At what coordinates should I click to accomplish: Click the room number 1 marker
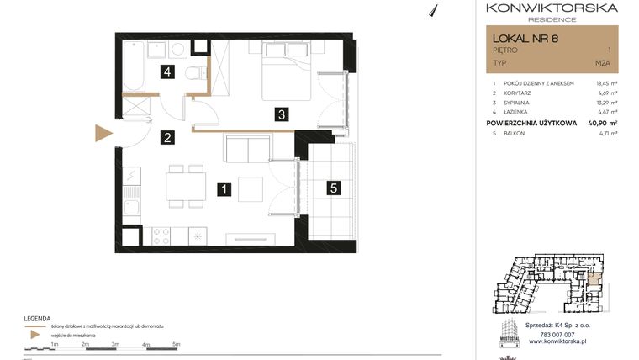pyautogui.click(x=224, y=189)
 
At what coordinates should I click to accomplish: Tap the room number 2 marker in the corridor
pyautogui.click(x=168, y=139)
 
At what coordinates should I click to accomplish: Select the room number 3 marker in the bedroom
pyautogui.click(x=283, y=114)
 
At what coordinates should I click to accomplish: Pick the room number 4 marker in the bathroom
pyautogui.click(x=168, y=72)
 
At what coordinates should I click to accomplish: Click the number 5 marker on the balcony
pyautogui.click(x=334, y=189)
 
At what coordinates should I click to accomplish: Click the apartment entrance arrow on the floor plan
pyautogui.click(x=103, y=133)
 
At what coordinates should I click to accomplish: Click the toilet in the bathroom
pyautogui.click(x=196, y=74)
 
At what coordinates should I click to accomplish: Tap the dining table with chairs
pyautogui.click(x=185, y=186)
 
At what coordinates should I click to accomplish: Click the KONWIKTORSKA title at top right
pyautogui.click(x=552, y=8)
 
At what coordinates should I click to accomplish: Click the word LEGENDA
pyautogui.click(x=38, y=317)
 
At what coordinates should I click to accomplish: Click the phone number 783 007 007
pyautogui.click(x=552, y=335)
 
